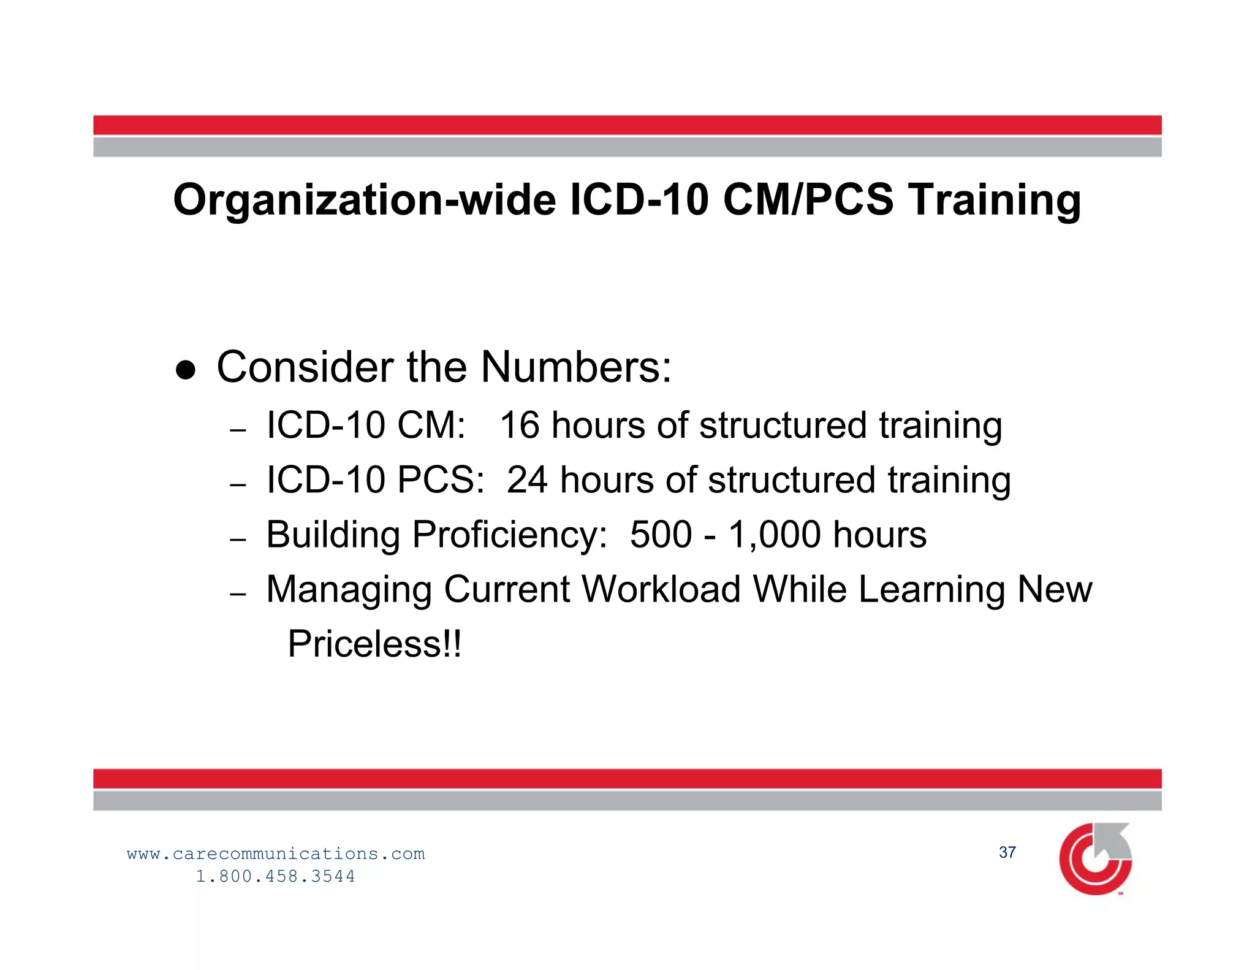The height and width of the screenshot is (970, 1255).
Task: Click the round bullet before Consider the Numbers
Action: tap(185, 370)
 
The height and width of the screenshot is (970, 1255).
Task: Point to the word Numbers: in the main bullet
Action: tap(576, 367)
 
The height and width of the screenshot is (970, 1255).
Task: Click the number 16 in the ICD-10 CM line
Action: tap(520, 426)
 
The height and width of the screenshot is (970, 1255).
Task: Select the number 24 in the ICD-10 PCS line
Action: tap(527, 480)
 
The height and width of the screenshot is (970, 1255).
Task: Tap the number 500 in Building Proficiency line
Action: tap(661, 535)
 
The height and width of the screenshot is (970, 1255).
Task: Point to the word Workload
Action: tap(661, 589)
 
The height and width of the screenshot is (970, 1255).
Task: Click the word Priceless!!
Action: tap(375, 644)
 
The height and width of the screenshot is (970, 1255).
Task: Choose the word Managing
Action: tap(350, 590)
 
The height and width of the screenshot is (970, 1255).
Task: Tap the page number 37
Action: tap(1007, 852)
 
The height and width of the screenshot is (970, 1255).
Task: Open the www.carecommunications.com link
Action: tap(276, 854)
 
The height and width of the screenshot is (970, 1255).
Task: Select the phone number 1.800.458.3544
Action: tap(276, 876)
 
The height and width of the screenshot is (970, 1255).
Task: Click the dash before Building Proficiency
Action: tap(238, 540)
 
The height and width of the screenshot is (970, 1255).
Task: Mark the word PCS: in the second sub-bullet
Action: tap(441, 480)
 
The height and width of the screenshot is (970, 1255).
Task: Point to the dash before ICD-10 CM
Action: tap(238, 431)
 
